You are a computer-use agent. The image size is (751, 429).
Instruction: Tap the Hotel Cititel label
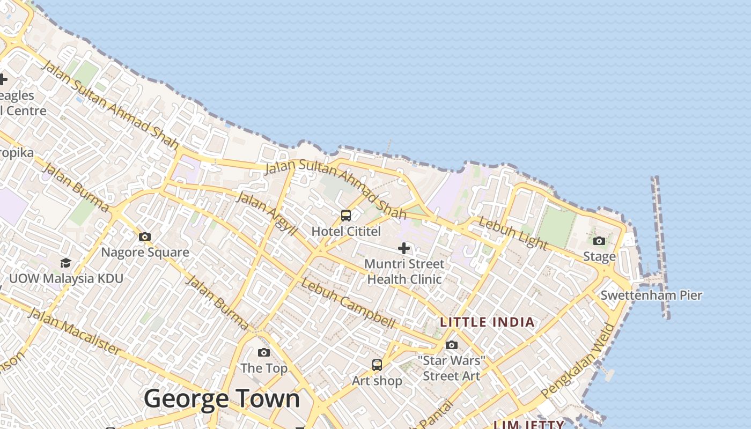coord(346,232)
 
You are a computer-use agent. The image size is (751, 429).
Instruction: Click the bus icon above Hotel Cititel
coord(346,216)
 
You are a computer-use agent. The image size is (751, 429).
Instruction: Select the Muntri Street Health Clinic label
coord(404,271)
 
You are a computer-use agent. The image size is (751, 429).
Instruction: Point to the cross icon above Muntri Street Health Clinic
coord(404,248)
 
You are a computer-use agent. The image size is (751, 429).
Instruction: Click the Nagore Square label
coord(145,252)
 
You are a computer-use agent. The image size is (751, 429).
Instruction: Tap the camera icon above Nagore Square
coord(144,236)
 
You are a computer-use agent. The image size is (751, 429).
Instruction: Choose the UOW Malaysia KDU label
coord(66,279)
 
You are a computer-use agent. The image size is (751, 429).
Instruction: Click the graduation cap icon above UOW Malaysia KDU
coord(65,263)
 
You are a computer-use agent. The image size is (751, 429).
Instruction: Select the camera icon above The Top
coord(263,352)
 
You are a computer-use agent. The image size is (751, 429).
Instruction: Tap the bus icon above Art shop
coord(377,365)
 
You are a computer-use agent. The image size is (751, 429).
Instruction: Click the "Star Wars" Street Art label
coord(451,368)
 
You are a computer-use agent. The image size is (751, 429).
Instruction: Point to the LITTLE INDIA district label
coord(487,322)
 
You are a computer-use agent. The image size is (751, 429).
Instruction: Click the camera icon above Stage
coord(599,241)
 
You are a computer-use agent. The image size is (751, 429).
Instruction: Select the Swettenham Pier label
coord(651,295)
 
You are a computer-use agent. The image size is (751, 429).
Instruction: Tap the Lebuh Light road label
coord(512,233)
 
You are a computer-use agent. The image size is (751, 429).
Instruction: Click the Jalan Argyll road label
coord(267,213)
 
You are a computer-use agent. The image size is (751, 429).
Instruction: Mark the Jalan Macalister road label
coord(74,331)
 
